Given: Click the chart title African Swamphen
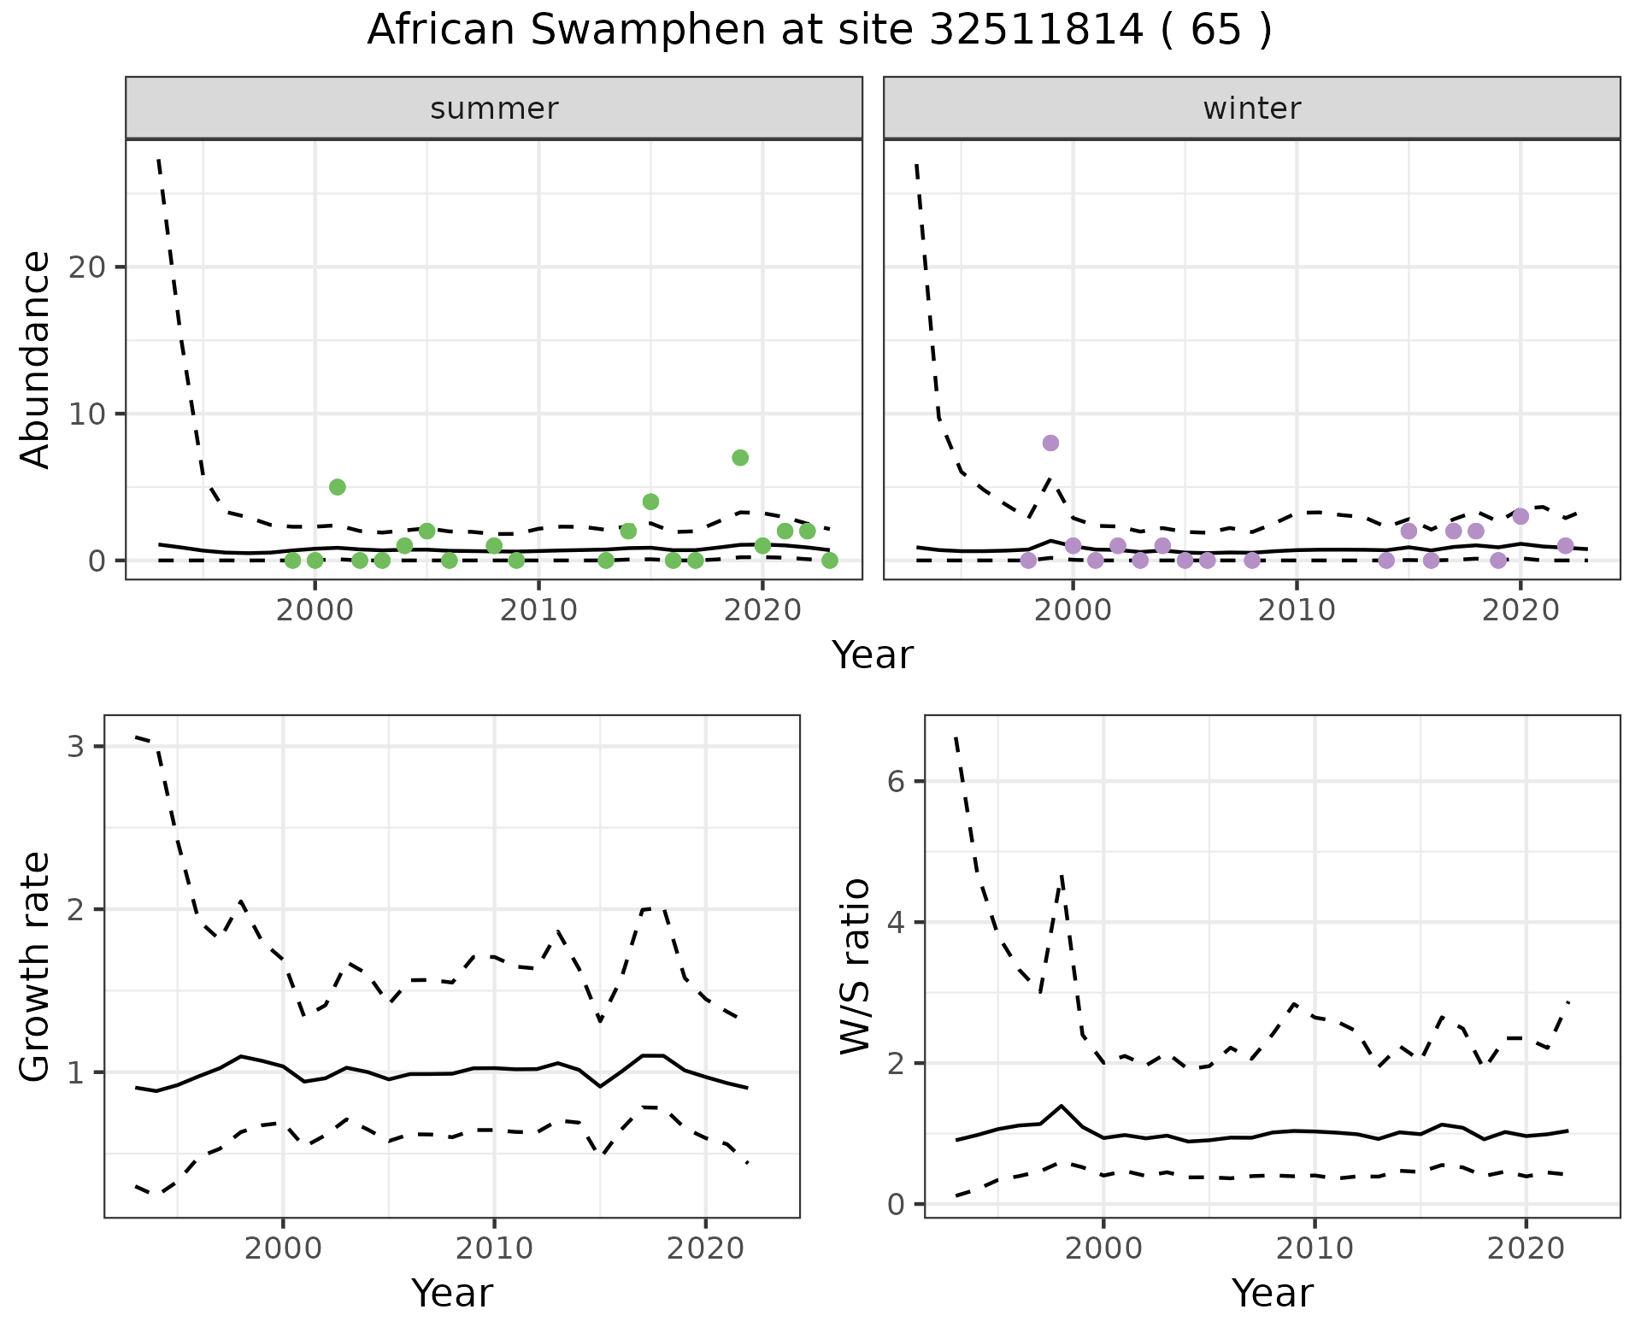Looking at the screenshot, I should (x=819, y=31).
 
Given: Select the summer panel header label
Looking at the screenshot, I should (x=494, y=109).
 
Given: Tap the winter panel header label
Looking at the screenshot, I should (x=1251, y=109).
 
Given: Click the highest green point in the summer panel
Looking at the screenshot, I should (x=740, y=457).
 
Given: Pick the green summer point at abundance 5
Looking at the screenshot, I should (x=337, y=487).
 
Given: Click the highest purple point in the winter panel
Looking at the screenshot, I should (x=1050, y=443).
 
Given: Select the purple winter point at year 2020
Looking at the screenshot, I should (x=1520, y=516).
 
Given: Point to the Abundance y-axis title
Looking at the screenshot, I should (x=36, y=359).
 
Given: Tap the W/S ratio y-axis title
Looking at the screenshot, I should (x=855, y=966).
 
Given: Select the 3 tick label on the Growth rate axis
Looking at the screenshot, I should (x=75, y=747).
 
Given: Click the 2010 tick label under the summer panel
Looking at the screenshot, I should (x=538, y=611).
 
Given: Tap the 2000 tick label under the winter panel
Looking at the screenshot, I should (x=1073, y=611).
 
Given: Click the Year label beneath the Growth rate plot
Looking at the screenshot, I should (x=452, y=1294).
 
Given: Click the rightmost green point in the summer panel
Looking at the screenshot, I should (x=829, y=561).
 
